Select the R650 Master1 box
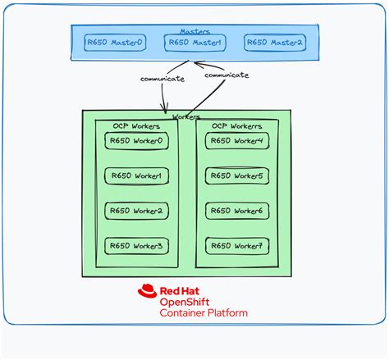coord(194,42)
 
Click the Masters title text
coord(194,30)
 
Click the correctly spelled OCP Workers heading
coord(133,126)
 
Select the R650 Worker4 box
coord(236,141)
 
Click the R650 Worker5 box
coord(236,175)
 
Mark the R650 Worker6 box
coord(236,211)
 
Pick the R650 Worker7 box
coord(236,245)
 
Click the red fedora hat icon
coord(148,291)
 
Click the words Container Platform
coord(203,313)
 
